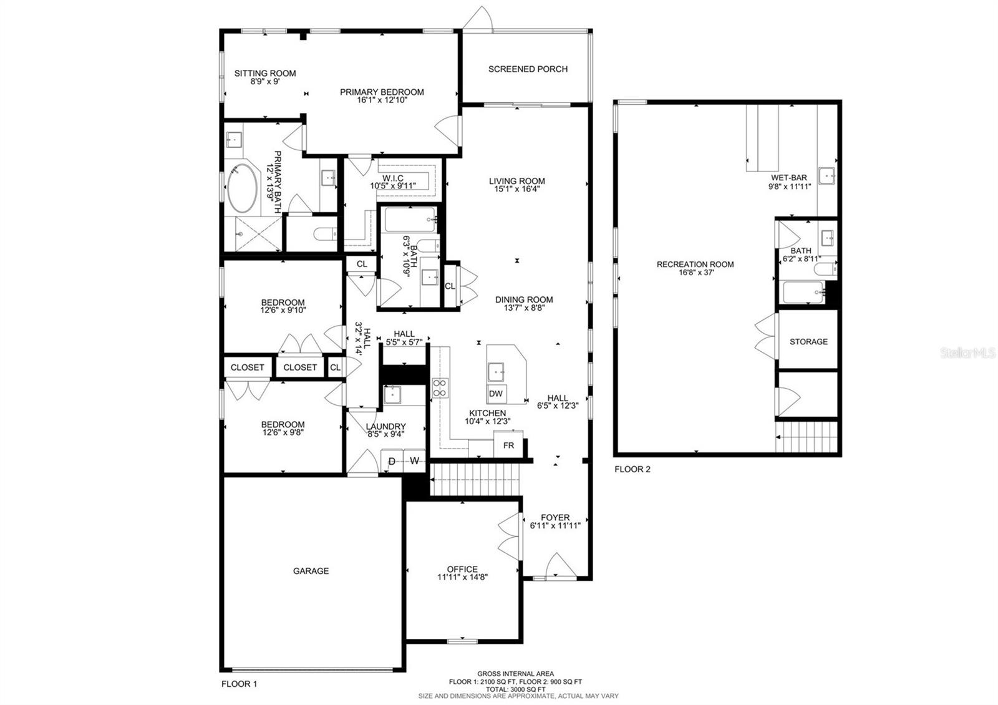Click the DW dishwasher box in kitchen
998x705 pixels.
coord(497,394)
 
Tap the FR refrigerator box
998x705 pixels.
coord(508,445)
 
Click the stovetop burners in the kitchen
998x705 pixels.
coord(440,388)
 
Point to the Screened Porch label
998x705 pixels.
coord(528,69)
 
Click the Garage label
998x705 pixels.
coord(311,571)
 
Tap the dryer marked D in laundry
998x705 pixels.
coord(392,461)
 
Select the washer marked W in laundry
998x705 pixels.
coord(414,461)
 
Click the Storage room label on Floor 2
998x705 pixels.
coord(808,342)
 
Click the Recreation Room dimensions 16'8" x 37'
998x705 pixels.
coord(695,272)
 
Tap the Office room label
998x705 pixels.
coord(462,569)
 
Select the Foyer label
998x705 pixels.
coord(555,517)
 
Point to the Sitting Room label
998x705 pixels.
coord(265,73)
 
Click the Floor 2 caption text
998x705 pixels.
coord(632,469)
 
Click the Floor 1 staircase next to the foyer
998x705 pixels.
coord(476,479)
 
